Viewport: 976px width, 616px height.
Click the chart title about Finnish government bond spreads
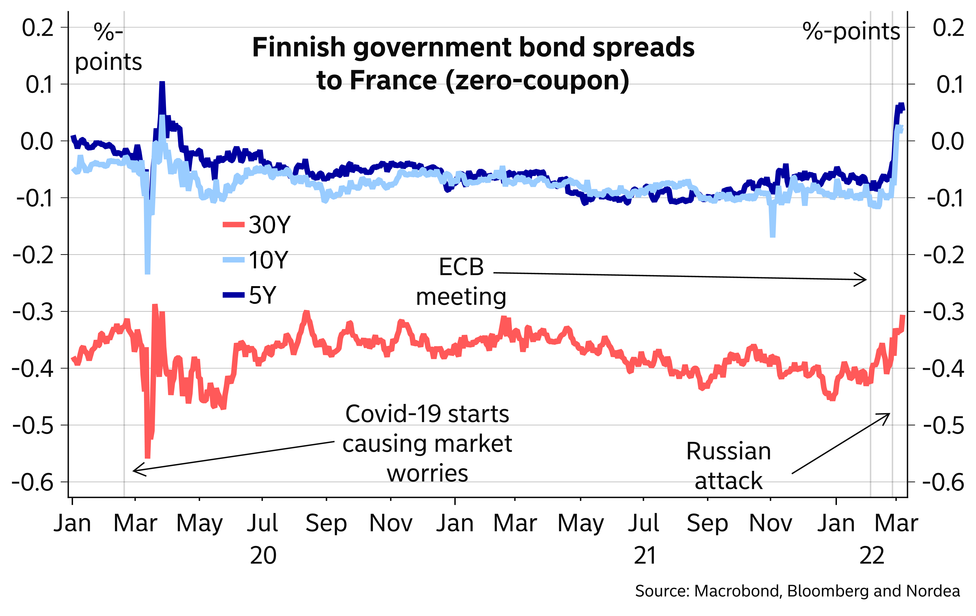(473, 64)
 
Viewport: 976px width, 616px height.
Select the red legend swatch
(234, 224)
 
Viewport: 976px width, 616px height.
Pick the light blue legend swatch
(234, 260)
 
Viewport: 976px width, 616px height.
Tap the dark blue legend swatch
(234, 295)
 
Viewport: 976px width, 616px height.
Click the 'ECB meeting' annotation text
(461, 282)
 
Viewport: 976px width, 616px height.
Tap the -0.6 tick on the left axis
(33, 483)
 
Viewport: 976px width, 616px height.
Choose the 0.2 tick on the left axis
(38, 28)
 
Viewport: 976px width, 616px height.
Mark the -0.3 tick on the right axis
(944, 312)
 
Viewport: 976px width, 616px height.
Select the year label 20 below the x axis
(263, 556)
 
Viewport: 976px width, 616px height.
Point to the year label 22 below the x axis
(871, 556)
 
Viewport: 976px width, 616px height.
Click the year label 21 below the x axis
(645, 556)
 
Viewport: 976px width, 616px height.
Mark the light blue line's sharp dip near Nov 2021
(773, 235)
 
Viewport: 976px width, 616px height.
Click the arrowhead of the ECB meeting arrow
(866, 280)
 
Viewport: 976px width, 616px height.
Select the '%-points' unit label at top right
(851, 32)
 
